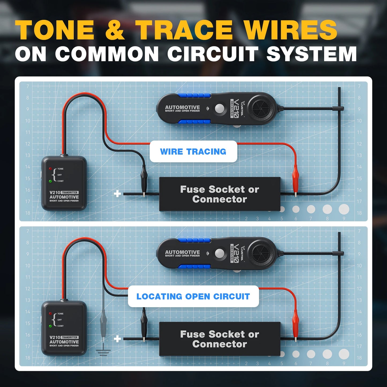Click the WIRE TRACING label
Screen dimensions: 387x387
tap(193, 152)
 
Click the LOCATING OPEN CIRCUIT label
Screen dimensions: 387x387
tap(193, 296)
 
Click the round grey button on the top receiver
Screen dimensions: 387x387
tap(219, 108)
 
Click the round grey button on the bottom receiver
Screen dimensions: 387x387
tap(219, 253)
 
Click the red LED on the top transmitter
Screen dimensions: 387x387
tap(50, 169)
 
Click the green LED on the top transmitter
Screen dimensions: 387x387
tap(50, 181)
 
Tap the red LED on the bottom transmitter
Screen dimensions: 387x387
tap(50, 313)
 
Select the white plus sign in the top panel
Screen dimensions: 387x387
tap(117, 194)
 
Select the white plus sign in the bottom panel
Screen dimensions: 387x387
tap(117, 339)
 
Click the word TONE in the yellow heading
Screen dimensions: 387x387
tap(55, 30)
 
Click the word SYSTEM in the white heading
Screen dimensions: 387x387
tap(311, 54)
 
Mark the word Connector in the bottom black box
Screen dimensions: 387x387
tap(220, 344)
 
